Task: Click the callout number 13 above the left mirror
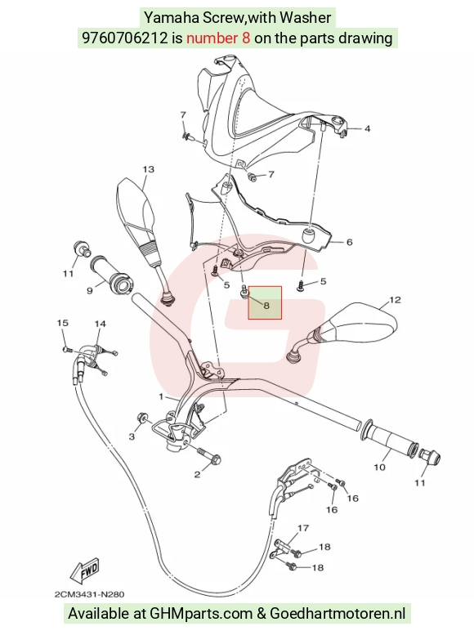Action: coord(149,169)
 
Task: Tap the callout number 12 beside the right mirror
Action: coord(395,300)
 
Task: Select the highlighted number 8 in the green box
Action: coord(266,306)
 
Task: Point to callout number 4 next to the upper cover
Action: coord(367,129)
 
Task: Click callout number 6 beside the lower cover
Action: coord(349,242)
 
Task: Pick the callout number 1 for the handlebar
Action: coord(161,396)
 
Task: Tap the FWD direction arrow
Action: coord(83,571)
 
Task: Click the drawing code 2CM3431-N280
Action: coord(89,594)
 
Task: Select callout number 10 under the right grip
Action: coord(379,468)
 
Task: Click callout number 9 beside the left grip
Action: coord(90,290)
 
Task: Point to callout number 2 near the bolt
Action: coord(197,474)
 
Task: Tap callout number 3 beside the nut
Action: coord(132,436)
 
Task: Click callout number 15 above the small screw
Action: coord(62,323)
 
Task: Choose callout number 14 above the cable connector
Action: coord(101,324)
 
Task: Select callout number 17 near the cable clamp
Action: coord(303,528)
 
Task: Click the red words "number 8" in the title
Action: coord(218,38)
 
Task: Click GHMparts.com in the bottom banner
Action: coord(201,614)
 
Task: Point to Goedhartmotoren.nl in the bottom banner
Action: coord(338,614)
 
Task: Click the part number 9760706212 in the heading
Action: coord(125,38)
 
